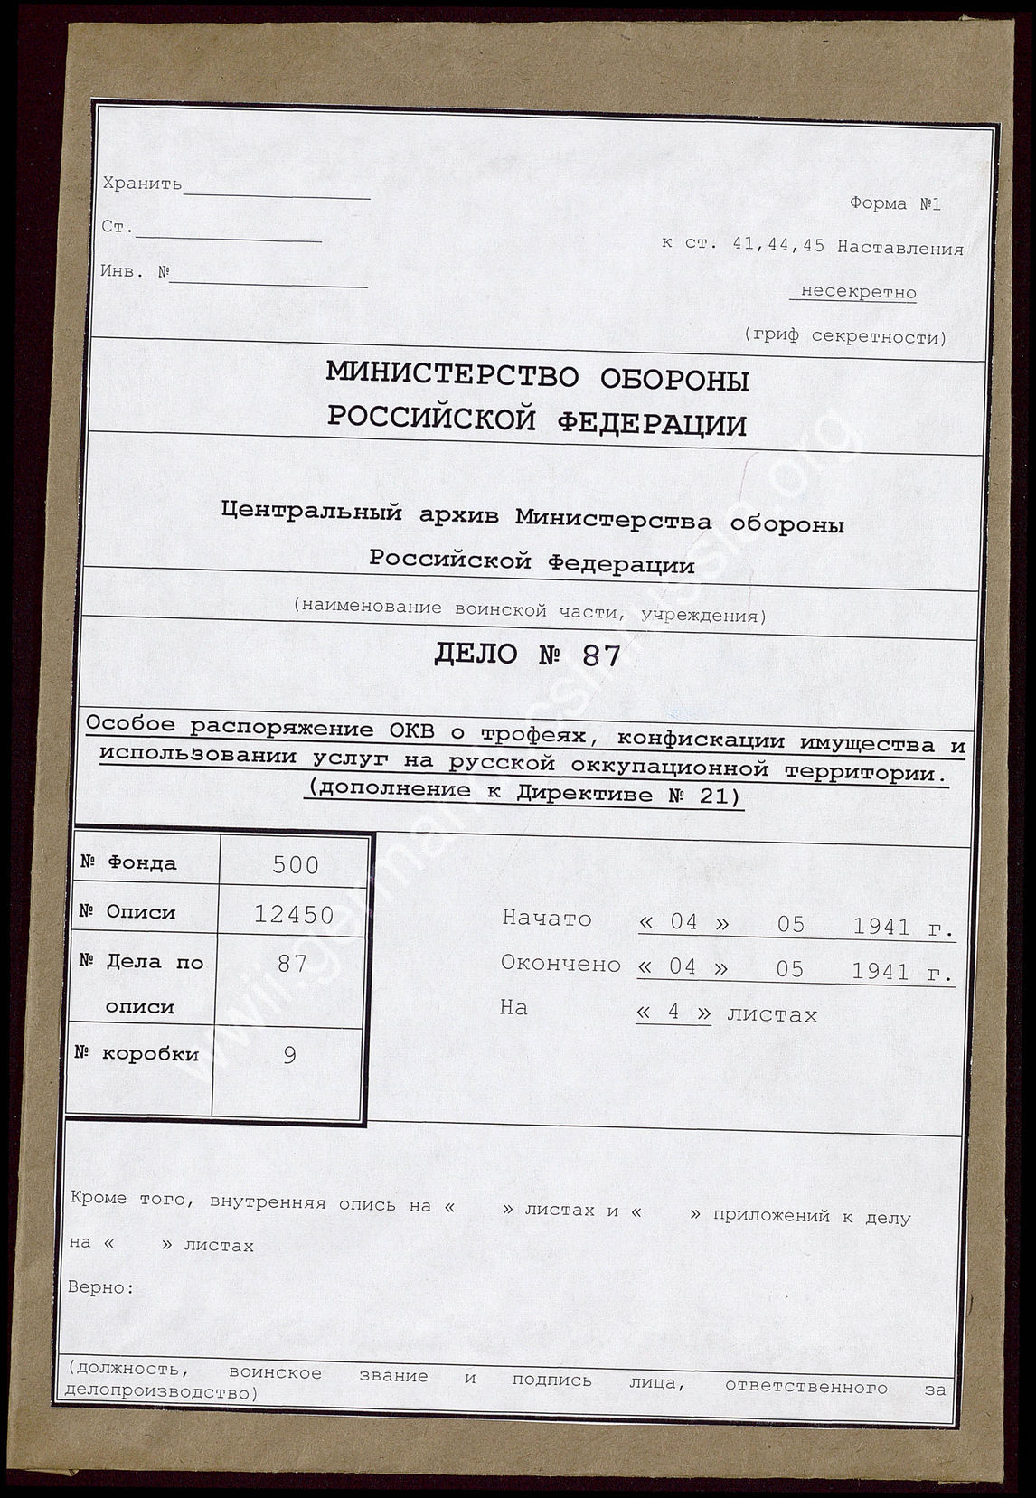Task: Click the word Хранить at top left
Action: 142,184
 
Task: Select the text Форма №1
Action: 894,203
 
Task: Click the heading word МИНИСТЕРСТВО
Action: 449,376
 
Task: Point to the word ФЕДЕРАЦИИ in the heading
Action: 650,422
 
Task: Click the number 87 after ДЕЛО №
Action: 600,655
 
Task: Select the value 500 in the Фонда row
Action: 296,865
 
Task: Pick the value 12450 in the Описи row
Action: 294,915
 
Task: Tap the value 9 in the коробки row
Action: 289,1055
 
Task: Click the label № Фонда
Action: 128,863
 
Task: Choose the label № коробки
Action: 137,1054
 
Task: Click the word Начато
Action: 546,919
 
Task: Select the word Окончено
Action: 560,964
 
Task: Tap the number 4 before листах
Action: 673,1013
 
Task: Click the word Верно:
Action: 100,1288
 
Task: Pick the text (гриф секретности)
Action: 845,337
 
